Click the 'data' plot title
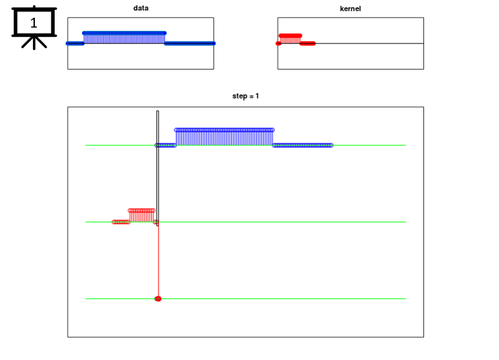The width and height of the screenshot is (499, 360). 141,9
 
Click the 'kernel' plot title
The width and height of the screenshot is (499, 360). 350,9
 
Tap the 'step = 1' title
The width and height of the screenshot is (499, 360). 245,96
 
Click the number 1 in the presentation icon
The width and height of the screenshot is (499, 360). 34,23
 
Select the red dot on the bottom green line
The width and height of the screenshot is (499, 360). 158,299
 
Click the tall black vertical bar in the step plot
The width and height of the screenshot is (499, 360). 158,168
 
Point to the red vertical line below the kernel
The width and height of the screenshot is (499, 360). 158,260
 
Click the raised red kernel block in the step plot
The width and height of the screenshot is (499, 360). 141,215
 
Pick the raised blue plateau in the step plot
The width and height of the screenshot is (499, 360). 224,137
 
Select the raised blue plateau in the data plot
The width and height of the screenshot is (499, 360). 124,37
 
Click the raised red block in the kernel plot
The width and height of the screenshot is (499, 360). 290,39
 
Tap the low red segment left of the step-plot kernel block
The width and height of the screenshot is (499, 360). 121,222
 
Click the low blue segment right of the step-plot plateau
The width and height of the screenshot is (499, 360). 302,145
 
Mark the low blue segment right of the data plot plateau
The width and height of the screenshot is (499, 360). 190,43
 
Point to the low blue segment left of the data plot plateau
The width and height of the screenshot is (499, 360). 75,43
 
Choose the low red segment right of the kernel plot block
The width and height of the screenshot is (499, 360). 308,43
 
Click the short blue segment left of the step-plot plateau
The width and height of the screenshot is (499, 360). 166,145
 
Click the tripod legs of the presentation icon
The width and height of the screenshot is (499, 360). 34,43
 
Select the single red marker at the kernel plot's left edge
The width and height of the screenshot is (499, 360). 279,43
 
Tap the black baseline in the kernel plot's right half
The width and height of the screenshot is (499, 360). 369,43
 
